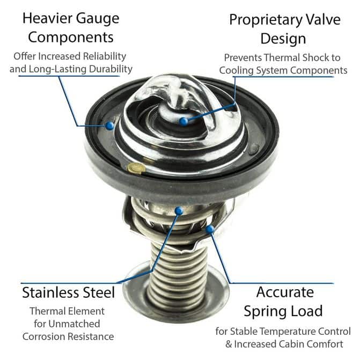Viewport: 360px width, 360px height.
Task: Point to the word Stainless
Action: pyautogui.click(x=50, y=292)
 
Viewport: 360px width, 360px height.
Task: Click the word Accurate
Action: pyautogui.click(x=285, y=292)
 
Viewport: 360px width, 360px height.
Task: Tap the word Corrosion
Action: pyautogui.click(x=43, y=336)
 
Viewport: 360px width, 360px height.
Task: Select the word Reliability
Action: pyautogui.click(x=105, y=56)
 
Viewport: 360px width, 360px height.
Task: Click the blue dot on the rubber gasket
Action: pyautogui.click(x=110, y=126)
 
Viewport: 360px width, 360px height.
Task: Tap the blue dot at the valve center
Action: pyautogui.click(x=183, y=121)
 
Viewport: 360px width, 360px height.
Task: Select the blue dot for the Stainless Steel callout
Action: pyautogui.click(x=179, y=210)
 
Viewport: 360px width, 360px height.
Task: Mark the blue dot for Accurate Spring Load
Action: pyautogui.click(x=210, y=229)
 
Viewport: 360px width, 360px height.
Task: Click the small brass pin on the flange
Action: pyautogui.click(x=137, y=168)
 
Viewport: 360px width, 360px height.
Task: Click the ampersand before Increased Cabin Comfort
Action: pyautogui.click(x=229, y=344)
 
